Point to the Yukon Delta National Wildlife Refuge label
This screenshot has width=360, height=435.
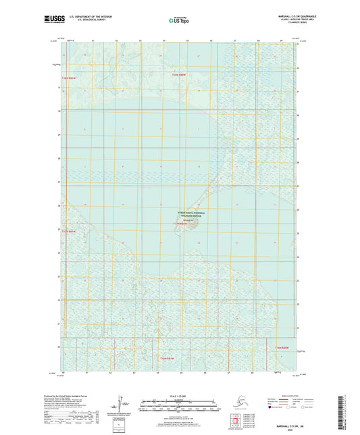click(187, 213)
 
